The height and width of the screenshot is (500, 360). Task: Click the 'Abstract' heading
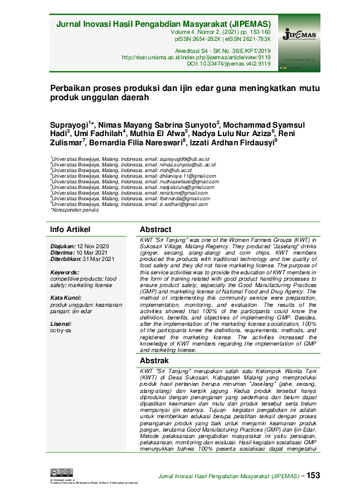click(156, 211)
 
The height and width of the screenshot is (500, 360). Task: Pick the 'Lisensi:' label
click(63, 305)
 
